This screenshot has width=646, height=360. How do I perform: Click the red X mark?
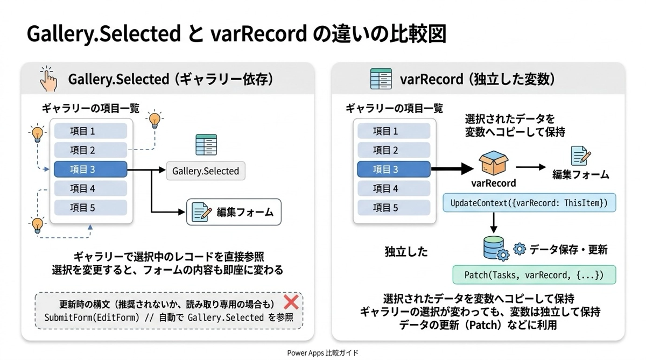click(x=291, y=301)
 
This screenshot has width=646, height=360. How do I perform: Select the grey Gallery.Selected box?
click(x=205, y=171)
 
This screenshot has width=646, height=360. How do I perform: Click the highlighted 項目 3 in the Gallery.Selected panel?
click(x=90, y=170)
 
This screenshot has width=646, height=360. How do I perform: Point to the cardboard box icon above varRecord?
click(x=493, y=164)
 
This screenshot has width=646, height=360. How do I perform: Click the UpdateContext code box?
click(x=529, y=203)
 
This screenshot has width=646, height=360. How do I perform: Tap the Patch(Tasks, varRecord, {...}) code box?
click(x=533, y=275)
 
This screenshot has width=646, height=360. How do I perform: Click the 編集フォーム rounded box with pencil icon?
click(x=234, y=212)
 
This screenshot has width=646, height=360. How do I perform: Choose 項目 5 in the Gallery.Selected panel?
click(x=90, y=208)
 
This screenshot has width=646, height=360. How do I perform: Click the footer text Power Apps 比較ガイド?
click(x=322, y=353)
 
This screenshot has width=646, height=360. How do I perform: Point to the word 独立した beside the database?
click(x=406, y=251)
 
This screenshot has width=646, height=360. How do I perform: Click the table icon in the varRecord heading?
click(x=381, y=79)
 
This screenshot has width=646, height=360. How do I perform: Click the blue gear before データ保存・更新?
click(x=519, y=249)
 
